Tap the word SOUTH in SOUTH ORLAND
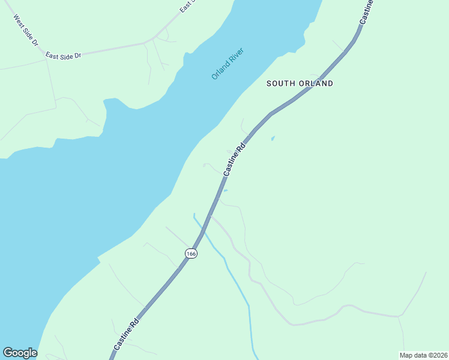282,84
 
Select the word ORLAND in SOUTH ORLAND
316,84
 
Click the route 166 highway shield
191,253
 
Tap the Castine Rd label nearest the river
234,159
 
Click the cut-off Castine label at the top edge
367,11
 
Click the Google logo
20,353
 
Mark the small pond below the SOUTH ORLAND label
273,139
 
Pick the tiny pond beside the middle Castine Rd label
225,191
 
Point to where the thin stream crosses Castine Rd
202,229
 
